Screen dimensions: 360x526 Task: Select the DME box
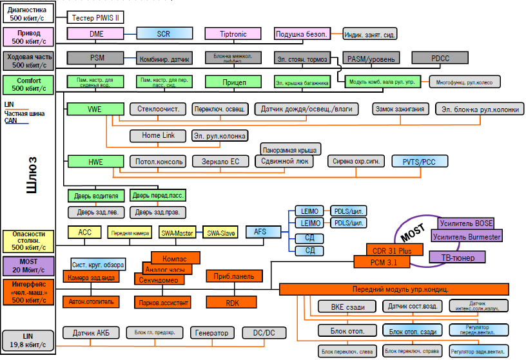pyautogui.click(x=97, y=33)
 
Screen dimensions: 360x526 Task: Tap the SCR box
pyautogui.click(x=164, y=33)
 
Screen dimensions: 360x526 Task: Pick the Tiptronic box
pyautogui.click(x=233, y=33)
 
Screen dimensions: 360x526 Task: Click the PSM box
pyautogui.click(x=97, y=58)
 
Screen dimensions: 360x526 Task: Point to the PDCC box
pyautogui.click(x=440, y=58)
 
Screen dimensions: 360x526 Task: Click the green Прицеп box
pyautogui.click(x=234, y=82)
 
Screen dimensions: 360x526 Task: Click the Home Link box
pyautogui.click(x=158, y=136)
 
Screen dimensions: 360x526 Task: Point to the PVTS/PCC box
pyautogui.click(x=419, y=161)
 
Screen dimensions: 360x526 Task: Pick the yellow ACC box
pyautogui.click(x=85, y=232)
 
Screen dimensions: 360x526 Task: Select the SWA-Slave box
pyautogui.click(x=220, y=232)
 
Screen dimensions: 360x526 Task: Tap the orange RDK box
pyautogui.click(x=231, y=301)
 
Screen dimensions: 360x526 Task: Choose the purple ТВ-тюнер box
pyautogui.click(x=462, y=258)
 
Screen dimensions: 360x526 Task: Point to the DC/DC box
pyautogui.click(x=264, y=333)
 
